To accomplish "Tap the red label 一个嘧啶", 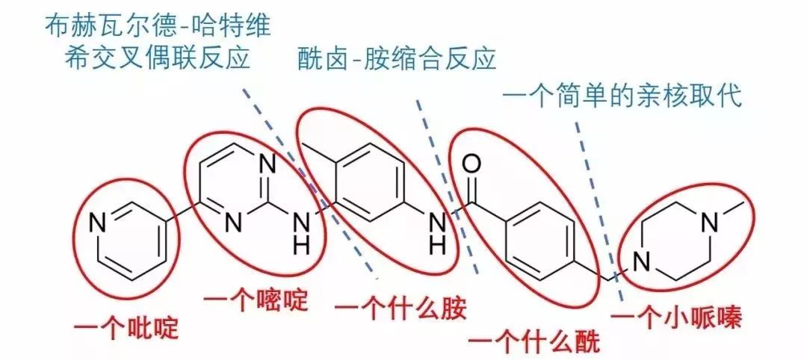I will (256, 300).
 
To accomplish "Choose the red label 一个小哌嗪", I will (676, 320).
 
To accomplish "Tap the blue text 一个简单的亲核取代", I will (622, 98).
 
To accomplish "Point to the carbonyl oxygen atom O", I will (470, 162).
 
